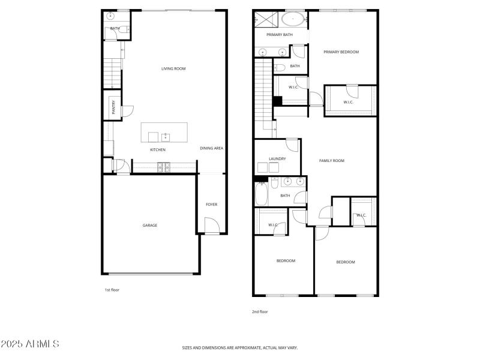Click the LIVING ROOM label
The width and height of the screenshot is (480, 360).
click(173, 69)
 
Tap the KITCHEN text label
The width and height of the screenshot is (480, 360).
click(158, 150)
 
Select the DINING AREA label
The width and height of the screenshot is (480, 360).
click(211, 148)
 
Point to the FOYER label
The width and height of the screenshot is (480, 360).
click(212, 205)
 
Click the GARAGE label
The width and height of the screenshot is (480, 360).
click(150, 226)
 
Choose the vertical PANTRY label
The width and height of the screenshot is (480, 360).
click(113, 107)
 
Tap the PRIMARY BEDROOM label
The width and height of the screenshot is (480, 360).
click(341, 52)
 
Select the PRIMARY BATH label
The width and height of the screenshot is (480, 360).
click(280, 35)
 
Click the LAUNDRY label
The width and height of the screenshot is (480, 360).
click(277, 159)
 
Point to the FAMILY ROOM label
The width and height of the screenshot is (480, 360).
click(331, 161)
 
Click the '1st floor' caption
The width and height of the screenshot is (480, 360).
click(112, 290)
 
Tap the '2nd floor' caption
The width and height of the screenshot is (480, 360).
click(260, 311)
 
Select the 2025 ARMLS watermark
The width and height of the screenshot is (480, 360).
click(30, 344)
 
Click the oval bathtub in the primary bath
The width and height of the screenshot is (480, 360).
click(293, 19)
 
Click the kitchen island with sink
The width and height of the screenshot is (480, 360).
click(164, 133)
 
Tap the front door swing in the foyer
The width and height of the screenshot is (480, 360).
click(211, 226)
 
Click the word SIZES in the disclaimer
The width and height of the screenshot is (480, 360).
click(188, 347)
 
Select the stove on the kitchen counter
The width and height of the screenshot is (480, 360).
click(162, 167)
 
